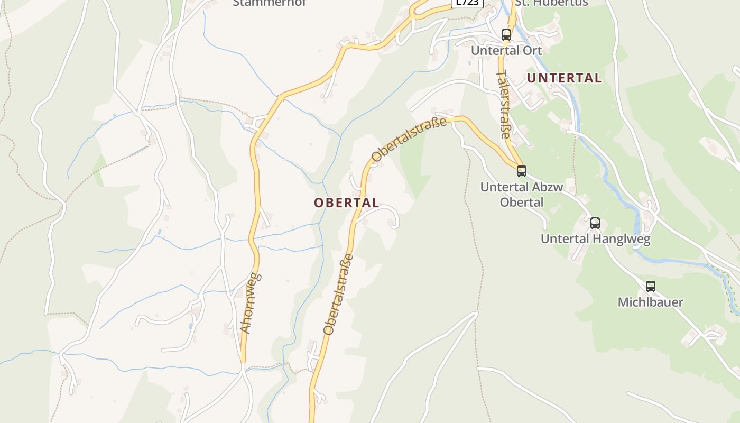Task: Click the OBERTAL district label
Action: tap(346, 203)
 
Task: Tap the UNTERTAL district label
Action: tap(564, 78)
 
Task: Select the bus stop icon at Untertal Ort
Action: tap(506, 35)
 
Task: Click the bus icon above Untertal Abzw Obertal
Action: tap(522, 171)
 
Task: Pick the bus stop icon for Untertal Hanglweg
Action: tap(595, 223)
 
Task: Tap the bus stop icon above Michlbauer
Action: tap(651, 286)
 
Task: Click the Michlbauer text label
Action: tap(651, 302)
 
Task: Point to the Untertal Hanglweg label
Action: tap(595, 239)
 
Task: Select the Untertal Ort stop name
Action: tap(506, 51)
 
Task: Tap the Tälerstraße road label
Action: tap(504, 104)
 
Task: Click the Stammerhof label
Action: tap(270, 3)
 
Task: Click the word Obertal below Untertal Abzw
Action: tap(521, 202)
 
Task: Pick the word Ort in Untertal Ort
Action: tap(533, 51)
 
